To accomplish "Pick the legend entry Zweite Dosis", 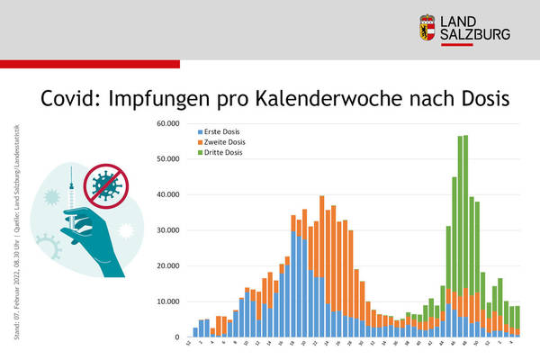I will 214,141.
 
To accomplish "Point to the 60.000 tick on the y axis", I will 166,122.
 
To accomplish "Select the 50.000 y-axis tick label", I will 166,158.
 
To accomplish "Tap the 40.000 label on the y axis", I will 166,194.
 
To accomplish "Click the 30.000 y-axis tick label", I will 166,229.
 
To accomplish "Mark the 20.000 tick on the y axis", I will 166,265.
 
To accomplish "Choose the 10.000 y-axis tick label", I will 166,301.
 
